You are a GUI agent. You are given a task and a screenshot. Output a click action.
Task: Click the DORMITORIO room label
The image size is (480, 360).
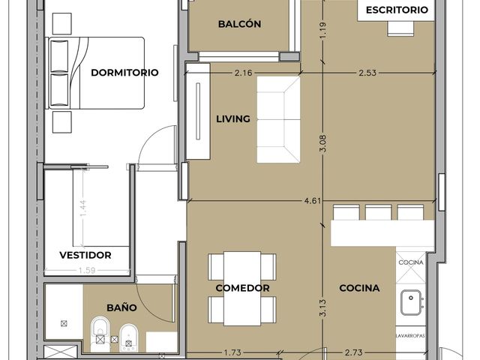(x=124, y=73)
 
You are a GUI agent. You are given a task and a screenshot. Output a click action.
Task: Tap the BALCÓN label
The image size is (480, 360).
(x=239, y=24)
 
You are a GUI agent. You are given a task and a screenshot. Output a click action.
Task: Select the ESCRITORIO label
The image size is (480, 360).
(x=397, y=10)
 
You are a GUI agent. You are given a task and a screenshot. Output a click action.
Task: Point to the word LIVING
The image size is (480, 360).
(x=233, y=118)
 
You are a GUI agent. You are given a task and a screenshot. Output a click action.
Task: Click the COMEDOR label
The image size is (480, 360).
(x=242, y=288)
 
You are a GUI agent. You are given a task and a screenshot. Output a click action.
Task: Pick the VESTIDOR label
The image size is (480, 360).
(x=85, y=255)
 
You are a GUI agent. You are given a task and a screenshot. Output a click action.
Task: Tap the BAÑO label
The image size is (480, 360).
(x=121, y=307)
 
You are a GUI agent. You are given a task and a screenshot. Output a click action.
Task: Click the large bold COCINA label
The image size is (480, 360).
(x=359, y=288)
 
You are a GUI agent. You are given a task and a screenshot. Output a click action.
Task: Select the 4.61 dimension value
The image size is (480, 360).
(x=313, y=201)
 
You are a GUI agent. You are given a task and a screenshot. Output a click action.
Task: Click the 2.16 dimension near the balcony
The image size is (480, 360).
(x=243, y=73)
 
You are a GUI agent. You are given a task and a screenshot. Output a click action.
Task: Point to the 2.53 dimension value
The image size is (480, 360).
(x=367, y=73)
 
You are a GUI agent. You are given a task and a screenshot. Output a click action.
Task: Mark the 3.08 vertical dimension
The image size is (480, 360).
(x=323, y=143)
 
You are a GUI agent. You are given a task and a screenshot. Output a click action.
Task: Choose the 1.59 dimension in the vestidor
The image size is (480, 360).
(x=87, y=271)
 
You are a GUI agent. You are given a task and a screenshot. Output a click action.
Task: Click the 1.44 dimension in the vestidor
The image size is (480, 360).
(x=83, y=208)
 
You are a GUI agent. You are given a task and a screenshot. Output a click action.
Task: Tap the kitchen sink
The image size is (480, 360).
(x=411, y=302)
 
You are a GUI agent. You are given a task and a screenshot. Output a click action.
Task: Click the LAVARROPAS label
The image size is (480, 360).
(x=410, y=336)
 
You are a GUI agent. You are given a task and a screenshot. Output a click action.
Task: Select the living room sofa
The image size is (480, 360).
(x=278, y=119)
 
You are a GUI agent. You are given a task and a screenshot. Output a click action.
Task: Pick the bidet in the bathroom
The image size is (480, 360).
(x=128, y=337)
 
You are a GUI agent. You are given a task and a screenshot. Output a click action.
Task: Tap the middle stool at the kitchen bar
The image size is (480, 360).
(x=378, y=212)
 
